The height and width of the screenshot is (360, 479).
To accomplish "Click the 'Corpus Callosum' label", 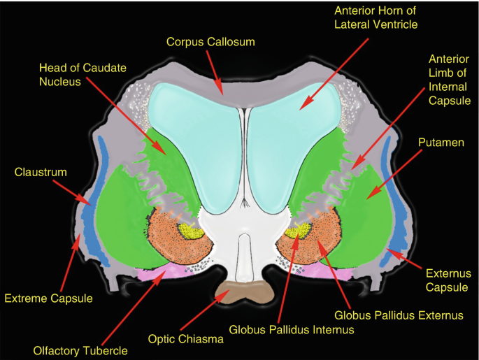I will point(210,42).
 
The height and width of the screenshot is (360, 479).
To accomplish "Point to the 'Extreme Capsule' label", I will point(49,299).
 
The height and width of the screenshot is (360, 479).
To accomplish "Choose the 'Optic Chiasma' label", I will point(185,340).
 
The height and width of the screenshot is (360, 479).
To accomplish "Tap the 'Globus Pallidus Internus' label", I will point(292,329).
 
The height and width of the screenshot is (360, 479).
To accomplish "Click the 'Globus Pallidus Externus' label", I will point(399,315).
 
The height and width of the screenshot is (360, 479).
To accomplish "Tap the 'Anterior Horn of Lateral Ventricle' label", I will point(376,18).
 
